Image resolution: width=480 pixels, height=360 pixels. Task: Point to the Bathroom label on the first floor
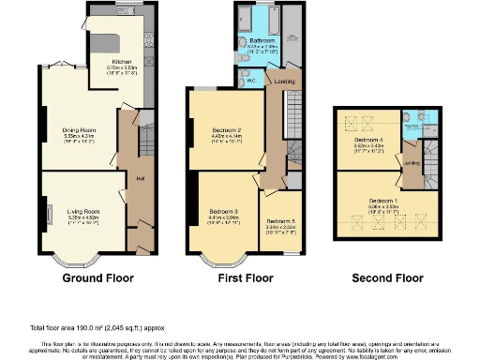[x=262, y=41]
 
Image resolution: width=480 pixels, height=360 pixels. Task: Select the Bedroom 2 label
[x=227, y=129]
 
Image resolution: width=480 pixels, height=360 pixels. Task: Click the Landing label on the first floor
[x=280, y=82]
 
